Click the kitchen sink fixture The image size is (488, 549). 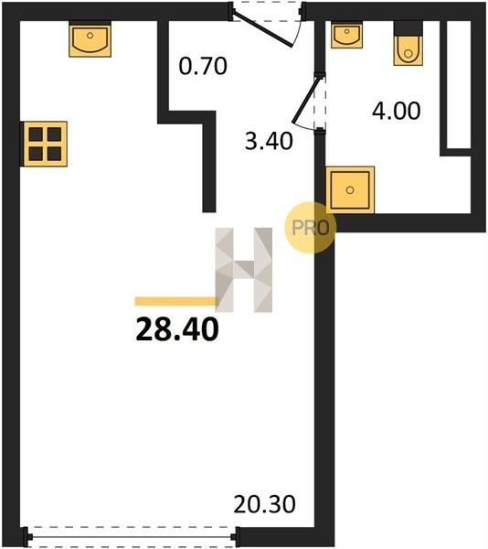(90, 38)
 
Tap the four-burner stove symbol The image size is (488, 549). (45, 144)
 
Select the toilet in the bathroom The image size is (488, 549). (408, 43)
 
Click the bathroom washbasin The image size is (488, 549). (346, 35)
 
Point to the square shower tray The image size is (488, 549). (350, 190)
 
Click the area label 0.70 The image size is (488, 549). (203, 66)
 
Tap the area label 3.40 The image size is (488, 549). (269, 142)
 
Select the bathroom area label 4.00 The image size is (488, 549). (396, 111)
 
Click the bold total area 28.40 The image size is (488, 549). (177, 329)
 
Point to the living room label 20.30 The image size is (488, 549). (264, 504)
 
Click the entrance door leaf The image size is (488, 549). (262, 29)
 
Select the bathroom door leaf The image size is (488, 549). (306, 100)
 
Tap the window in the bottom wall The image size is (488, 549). (132, 537)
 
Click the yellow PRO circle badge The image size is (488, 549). (311, 228)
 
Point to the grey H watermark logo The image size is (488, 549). (244, 270)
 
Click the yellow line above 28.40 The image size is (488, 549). (177, 301)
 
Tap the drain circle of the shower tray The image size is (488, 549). (350, 190)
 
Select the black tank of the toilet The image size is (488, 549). (408, 28)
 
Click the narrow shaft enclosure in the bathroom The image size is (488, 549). (457, 88)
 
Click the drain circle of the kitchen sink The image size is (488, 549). (90, 36)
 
